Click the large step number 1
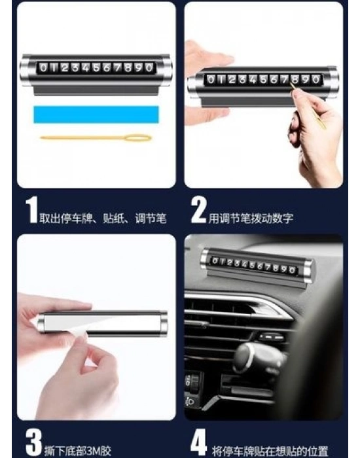31,209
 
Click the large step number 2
198,209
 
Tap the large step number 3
33,442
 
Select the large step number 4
199,442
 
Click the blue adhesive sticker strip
96,114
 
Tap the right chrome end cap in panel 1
166,71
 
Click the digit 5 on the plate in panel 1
96,68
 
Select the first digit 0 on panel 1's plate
44,68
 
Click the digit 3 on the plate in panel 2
243,79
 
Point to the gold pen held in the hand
308,106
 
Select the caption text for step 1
103,218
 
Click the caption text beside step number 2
251,218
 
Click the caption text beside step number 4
270,451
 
